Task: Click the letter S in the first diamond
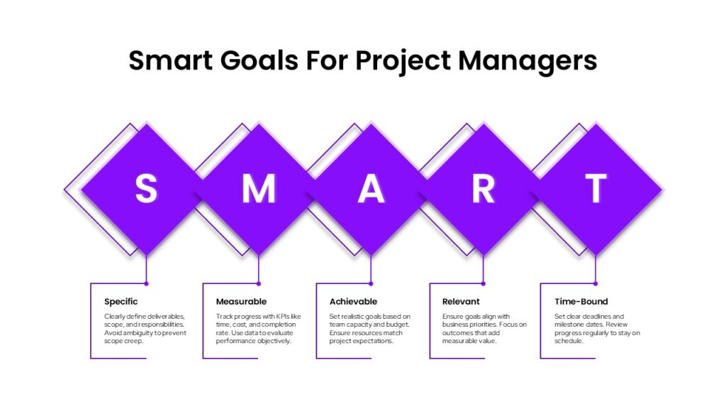[146, 188]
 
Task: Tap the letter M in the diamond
[259, 188]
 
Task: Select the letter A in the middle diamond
[371, 188]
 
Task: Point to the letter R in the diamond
[483, 188]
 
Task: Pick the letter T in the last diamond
[596, 188]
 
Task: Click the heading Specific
[121, 302]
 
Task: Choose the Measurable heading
[241, 301]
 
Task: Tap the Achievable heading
[353, 301]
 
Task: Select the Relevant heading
[461, 301]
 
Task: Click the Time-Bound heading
[581, 301]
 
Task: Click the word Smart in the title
[170, 60]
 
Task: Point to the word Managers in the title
[527, 62]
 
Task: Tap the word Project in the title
[403, 62]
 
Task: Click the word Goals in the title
[259, 60]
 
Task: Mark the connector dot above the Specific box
[146, 283]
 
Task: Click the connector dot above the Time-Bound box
[596, 283]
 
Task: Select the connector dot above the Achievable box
[371, 283]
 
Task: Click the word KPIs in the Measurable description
[283, 316]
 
